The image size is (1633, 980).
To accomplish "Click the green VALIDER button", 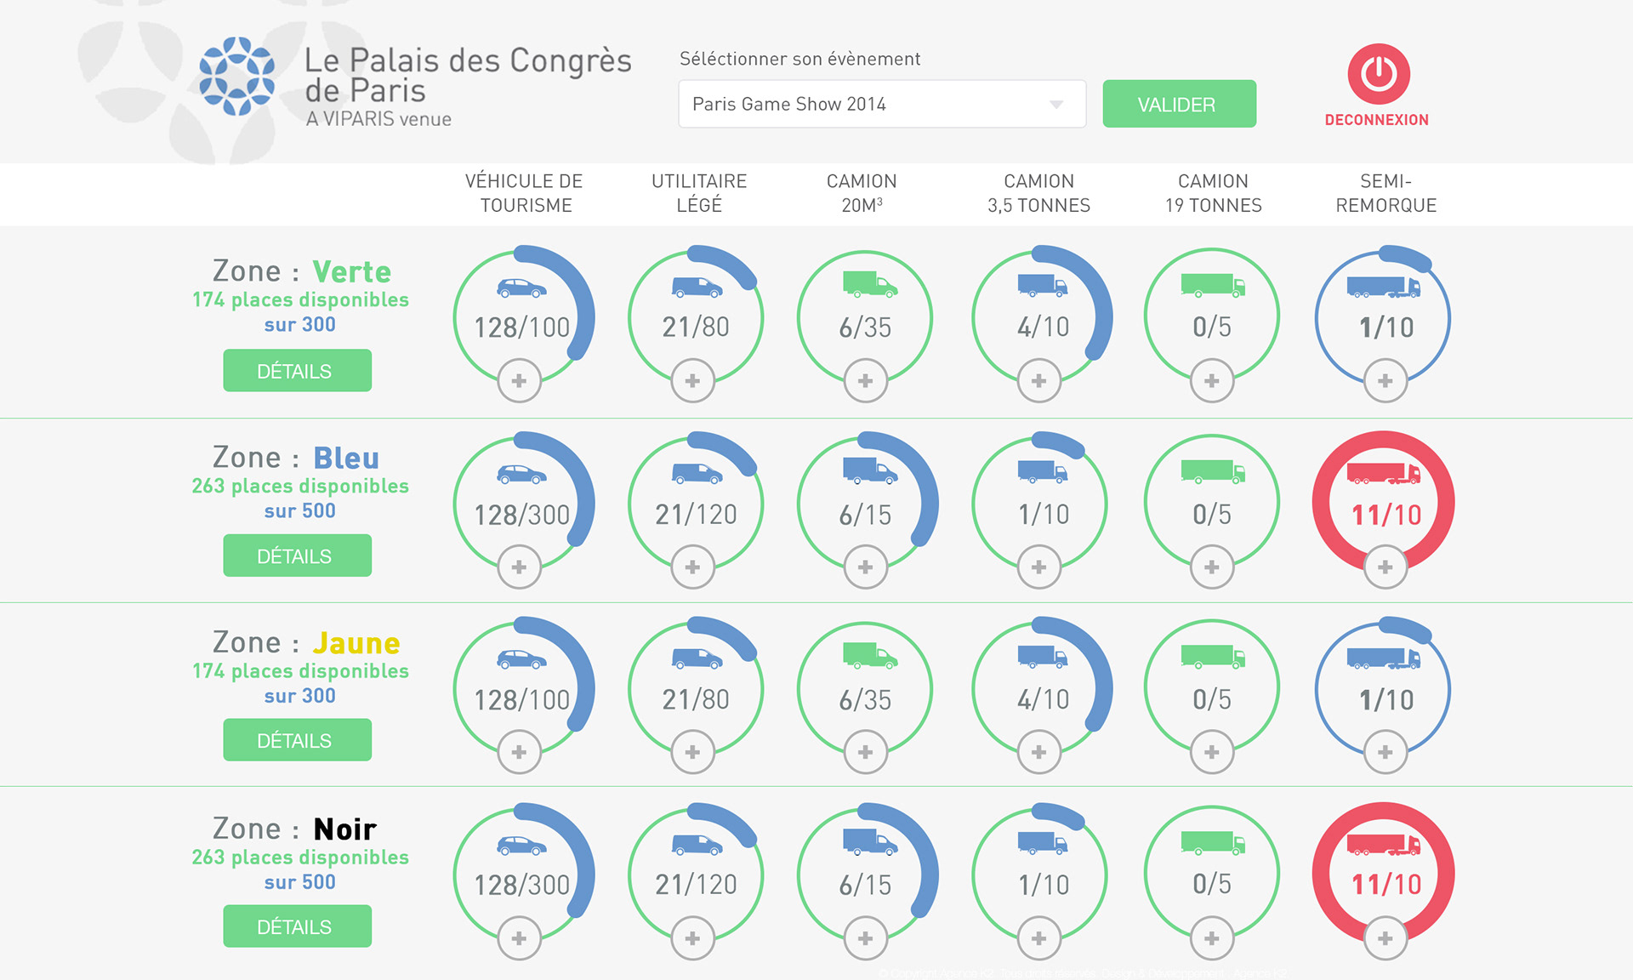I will tap(1179, 104).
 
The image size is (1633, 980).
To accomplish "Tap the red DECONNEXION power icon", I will tap(1378, 74).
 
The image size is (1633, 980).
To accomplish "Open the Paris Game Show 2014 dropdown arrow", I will tap(1056, 105).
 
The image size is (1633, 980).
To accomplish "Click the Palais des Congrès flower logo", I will tap(236, 76).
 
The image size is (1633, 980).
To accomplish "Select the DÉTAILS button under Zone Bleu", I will tap(297, 556).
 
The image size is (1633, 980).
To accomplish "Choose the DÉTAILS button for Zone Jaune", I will tap(297, 740).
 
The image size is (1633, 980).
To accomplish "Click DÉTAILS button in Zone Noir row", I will tap(297, 926).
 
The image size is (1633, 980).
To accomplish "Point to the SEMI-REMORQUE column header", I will tap(1385, 193).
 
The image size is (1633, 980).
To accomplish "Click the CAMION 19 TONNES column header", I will tap(1213, 193).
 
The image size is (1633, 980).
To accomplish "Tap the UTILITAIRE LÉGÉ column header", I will tap(699, 193).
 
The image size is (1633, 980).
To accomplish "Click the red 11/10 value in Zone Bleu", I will tap(1386, 515).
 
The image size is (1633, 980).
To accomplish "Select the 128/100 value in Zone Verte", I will tap(521, 328).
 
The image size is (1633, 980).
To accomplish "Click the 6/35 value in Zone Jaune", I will tap(865, 700).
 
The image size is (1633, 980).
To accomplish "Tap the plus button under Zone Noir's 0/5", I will tap(1212, 938).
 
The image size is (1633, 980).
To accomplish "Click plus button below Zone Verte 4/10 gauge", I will tap(1038, 381).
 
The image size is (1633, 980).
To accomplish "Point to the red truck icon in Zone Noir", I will tap(1383, 844).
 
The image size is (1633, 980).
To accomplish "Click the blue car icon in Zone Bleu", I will tap(521, 474).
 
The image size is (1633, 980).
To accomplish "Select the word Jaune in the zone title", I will tap(356, 643).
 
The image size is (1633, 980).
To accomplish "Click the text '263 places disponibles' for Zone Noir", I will tap(300, 857).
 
